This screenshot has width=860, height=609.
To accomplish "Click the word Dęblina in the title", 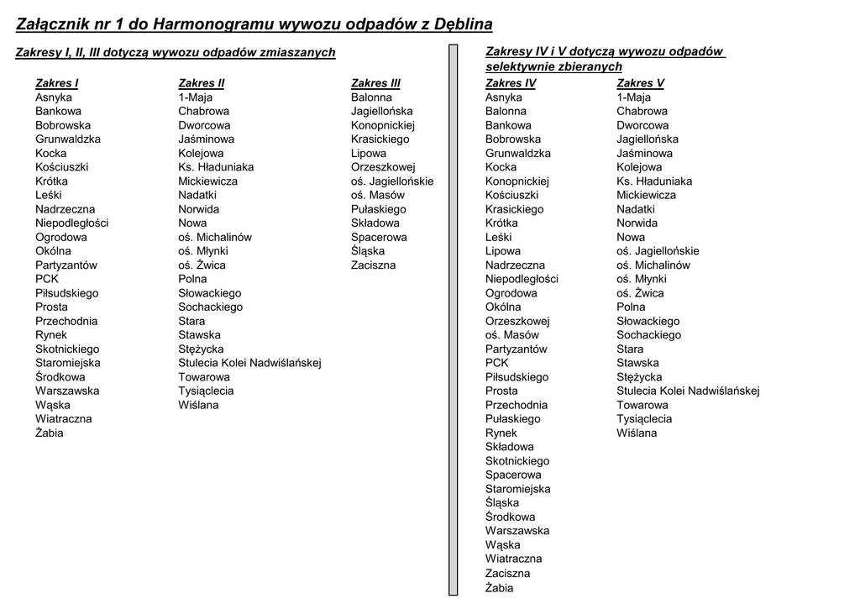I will point(463,24).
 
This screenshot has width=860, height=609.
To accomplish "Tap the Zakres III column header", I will point(375,83).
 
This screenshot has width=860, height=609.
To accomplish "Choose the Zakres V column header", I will point(640,83).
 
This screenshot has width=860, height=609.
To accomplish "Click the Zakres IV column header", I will point(510,83).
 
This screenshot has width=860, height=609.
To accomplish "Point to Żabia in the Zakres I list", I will point(49,433).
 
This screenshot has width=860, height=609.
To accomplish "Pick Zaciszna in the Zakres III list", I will point(373,265).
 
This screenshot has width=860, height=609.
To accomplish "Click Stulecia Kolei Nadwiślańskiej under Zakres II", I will point(249,363).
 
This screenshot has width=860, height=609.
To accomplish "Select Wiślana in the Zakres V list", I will point(637,433).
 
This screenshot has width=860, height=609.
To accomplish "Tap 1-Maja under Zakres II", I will point(195,97).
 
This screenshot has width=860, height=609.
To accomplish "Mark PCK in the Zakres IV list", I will point(496,363).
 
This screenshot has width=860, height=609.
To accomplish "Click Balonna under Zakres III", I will point(371,97).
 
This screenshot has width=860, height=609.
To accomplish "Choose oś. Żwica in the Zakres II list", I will point(202,265).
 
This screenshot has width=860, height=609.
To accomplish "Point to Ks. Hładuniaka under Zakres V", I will point(654,181).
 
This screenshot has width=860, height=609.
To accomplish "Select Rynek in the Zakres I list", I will point(50,335).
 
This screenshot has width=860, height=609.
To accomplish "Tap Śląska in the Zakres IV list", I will point(502,502).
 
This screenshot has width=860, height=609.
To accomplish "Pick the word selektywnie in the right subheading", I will point(522,66).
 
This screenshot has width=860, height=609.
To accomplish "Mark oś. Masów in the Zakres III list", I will point(377,195).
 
